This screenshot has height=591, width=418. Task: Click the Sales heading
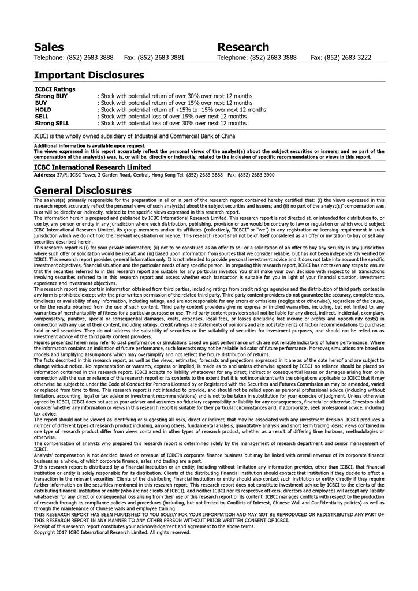48,47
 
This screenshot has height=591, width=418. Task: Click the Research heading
243,47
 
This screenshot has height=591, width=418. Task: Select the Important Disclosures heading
89,75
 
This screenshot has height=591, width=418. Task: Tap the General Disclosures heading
83,190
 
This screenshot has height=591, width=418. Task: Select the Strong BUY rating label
51,96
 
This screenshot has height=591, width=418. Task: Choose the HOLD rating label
43,110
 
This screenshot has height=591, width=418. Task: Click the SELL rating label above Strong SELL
42,116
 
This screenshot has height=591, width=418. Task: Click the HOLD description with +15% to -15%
182,110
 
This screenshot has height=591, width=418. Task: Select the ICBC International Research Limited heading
92,167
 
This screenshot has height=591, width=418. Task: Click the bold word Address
44,174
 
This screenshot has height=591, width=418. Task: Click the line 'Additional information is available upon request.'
89,146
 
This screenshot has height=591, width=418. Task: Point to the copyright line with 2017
112,532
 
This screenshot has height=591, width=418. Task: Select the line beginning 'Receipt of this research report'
144,526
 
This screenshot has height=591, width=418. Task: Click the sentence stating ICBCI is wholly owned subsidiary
135,136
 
